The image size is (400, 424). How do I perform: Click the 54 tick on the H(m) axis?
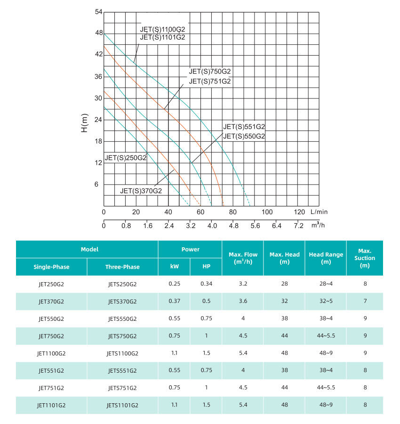98,11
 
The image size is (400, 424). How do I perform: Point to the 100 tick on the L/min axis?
266,212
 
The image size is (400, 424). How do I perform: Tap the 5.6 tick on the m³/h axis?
255,226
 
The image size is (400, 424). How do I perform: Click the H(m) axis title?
85,122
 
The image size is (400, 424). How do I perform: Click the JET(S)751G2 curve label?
210,81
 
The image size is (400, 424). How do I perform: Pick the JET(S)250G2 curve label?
126,158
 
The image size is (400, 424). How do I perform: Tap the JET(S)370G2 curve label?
141,191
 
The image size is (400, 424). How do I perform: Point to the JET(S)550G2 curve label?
244,136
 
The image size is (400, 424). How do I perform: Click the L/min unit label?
320,212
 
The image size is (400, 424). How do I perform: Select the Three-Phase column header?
122,267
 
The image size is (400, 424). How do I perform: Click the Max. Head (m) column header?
284,258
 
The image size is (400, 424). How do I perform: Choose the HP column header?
206,267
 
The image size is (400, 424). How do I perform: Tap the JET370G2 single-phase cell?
51,302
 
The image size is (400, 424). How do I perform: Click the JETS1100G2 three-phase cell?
122,353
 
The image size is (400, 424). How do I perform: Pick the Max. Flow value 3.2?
243,284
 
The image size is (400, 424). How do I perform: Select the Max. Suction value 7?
365,302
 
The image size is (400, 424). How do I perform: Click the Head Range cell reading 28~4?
326,284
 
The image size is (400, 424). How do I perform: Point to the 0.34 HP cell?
206,284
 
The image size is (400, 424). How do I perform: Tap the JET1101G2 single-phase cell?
51,405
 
